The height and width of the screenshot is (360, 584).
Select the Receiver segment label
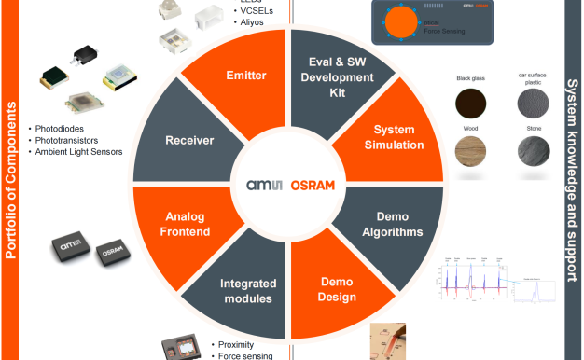click(189, 141)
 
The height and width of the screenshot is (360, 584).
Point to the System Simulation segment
click(398, 137)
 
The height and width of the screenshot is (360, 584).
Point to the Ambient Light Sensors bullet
click(78, 152)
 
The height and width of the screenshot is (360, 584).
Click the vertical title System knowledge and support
click(572, 182)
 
